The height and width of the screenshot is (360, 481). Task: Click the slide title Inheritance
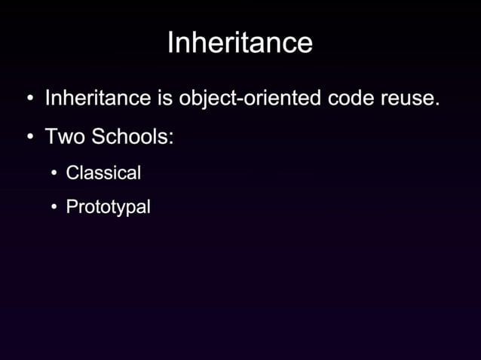tap(240, 42)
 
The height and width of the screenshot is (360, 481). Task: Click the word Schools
tap(130, 137)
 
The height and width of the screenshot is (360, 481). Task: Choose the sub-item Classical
tap(103, 172)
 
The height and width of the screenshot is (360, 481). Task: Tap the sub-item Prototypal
tap(108, 207)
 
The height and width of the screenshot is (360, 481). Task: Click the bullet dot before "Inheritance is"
tap(29, 99)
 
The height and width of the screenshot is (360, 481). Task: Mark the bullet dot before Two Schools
tap(29, 138)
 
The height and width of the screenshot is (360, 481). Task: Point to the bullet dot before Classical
tap(54, 173)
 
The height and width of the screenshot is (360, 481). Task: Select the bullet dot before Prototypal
tap(54, 207)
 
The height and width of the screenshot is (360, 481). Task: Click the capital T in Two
tap(51, 137)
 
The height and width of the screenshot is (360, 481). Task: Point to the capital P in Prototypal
tap(72, 206)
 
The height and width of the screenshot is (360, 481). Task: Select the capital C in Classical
tap(72, 172)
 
